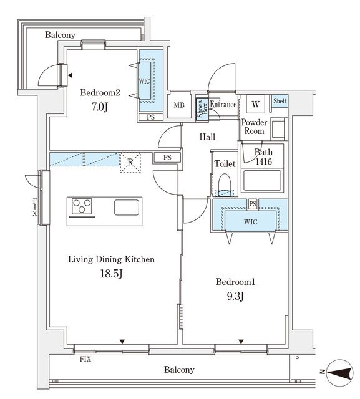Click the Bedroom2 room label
pos(100,92)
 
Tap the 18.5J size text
pos(112,274)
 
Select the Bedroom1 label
pos(235,282)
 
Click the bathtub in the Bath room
pos(262,181)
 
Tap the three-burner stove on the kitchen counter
pos(82,206)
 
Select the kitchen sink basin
pos(127,208)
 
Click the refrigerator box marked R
pos(130,163)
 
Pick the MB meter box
pos(179,105)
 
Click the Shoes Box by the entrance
pos(202,109)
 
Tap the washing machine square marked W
pos(255,104)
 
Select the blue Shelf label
pos(280,101)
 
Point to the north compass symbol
pos(339,372)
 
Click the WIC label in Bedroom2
pos(144,82)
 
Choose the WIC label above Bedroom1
pos(251,222)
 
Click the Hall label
pos(207,137)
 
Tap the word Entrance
pos(223,104)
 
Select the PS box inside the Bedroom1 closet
pos(253,204)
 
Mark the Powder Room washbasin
pos(278,129)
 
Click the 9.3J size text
pos(235,296)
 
